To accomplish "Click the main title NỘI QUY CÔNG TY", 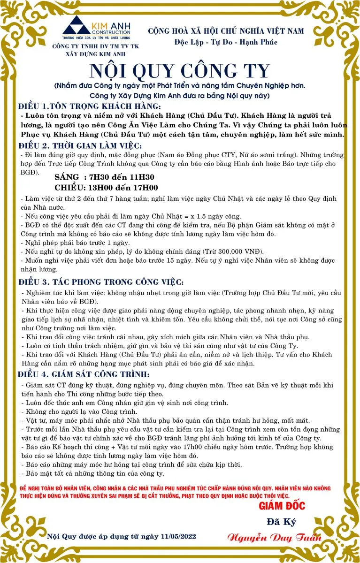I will click(180, 71).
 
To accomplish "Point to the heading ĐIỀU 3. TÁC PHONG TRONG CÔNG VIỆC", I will click(101, 282).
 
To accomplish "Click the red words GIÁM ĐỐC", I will click(282, 506).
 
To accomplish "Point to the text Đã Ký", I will click(282, 521).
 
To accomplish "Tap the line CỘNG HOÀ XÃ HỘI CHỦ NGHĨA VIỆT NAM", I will click(226, 31).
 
